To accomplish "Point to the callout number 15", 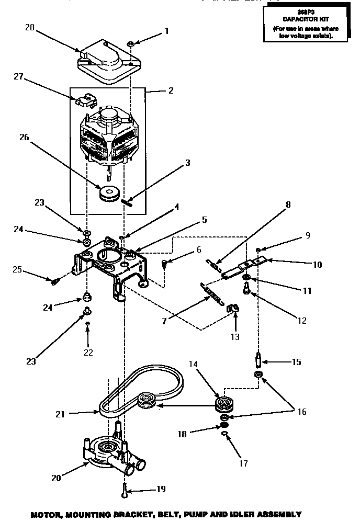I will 296,361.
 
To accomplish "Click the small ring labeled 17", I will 224,434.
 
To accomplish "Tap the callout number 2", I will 171,90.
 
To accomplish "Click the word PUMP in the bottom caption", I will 191,514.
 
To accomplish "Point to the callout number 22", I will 88,353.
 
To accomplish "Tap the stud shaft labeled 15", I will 259,361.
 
